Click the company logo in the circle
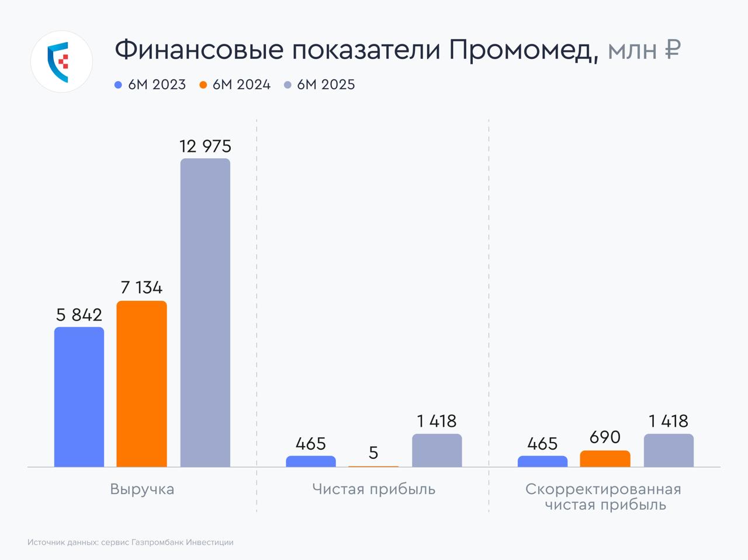[61, 61]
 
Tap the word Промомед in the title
[524, 50]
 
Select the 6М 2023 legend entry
[151, 85]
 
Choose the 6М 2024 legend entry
[235, 85]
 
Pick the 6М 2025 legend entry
[320, 85]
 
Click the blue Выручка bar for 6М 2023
[79, 397]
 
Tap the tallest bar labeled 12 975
[205, 312]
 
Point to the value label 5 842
[79, 315]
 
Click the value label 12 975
[205, 146]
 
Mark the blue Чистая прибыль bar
[311, 461]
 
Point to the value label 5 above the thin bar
[373, 453]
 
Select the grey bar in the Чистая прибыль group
[437, 450]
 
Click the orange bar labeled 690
[605, 458]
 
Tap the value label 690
[605, 437]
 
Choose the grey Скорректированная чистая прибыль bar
[669, 450]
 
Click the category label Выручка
[142, 489]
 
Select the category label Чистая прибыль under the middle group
[373, 489]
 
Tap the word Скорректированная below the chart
[603, 489]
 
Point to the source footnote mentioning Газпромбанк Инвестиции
[130, 542]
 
